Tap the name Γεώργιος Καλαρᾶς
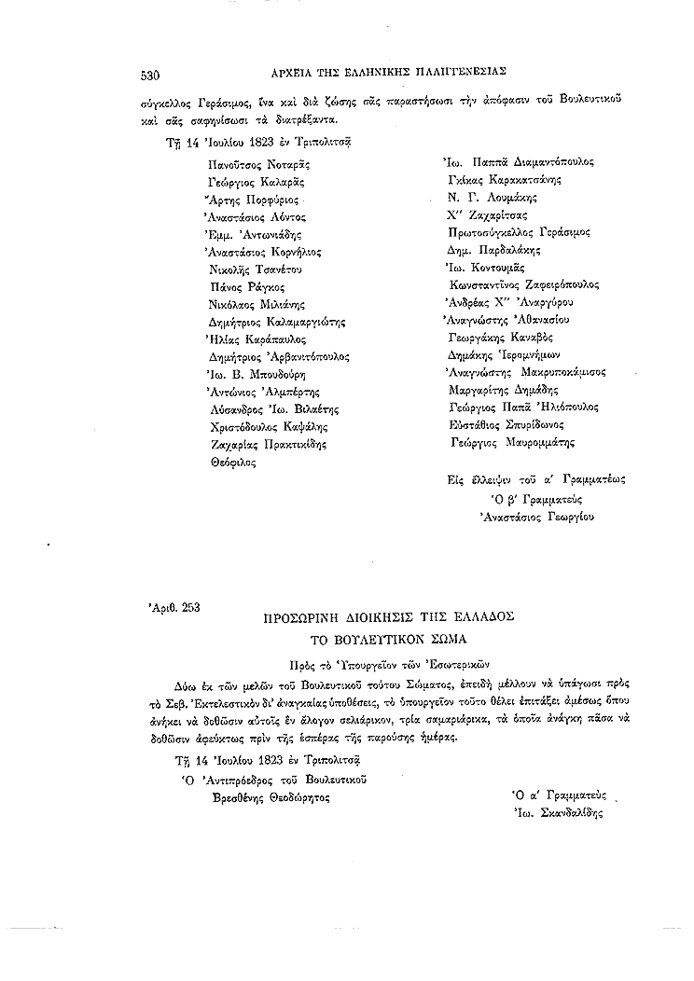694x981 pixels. click(x=257, y=181)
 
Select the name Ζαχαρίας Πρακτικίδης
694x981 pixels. click(x=270, y=445)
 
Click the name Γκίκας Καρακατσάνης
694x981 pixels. click(x=504, y=179)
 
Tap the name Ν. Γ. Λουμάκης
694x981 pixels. click(x=492, y=197)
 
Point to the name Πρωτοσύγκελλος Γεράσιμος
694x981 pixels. click(x=520, y=232)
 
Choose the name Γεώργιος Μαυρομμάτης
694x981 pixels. click(x=512, y=443)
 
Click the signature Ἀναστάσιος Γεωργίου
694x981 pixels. click(x=536, y=515)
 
